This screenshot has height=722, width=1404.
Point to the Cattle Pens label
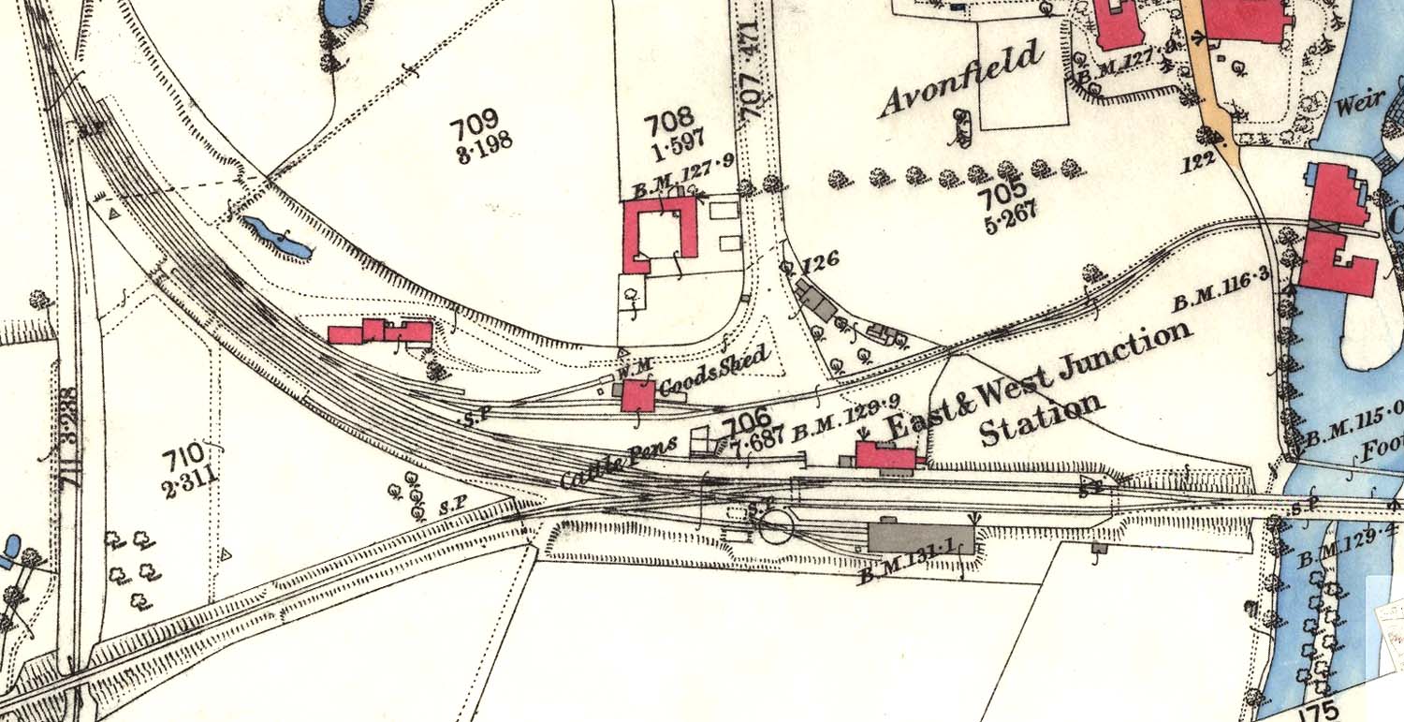pos(619,462)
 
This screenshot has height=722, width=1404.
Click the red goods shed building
pos(638,395)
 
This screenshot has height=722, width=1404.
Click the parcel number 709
pos(474,128)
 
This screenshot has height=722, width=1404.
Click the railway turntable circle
pos(776,525)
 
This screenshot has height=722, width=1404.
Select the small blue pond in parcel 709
pos(276,238)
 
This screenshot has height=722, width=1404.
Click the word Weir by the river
pos(1359,105)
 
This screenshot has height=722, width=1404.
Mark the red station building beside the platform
pos(885,456)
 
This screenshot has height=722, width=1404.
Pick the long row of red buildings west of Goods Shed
pos(381,332)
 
